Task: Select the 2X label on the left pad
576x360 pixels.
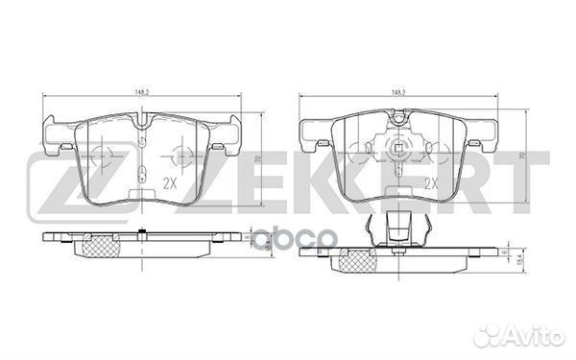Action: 170,182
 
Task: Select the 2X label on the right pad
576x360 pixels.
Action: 431,181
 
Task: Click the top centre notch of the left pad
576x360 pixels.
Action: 142,122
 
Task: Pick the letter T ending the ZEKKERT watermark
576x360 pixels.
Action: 527,182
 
